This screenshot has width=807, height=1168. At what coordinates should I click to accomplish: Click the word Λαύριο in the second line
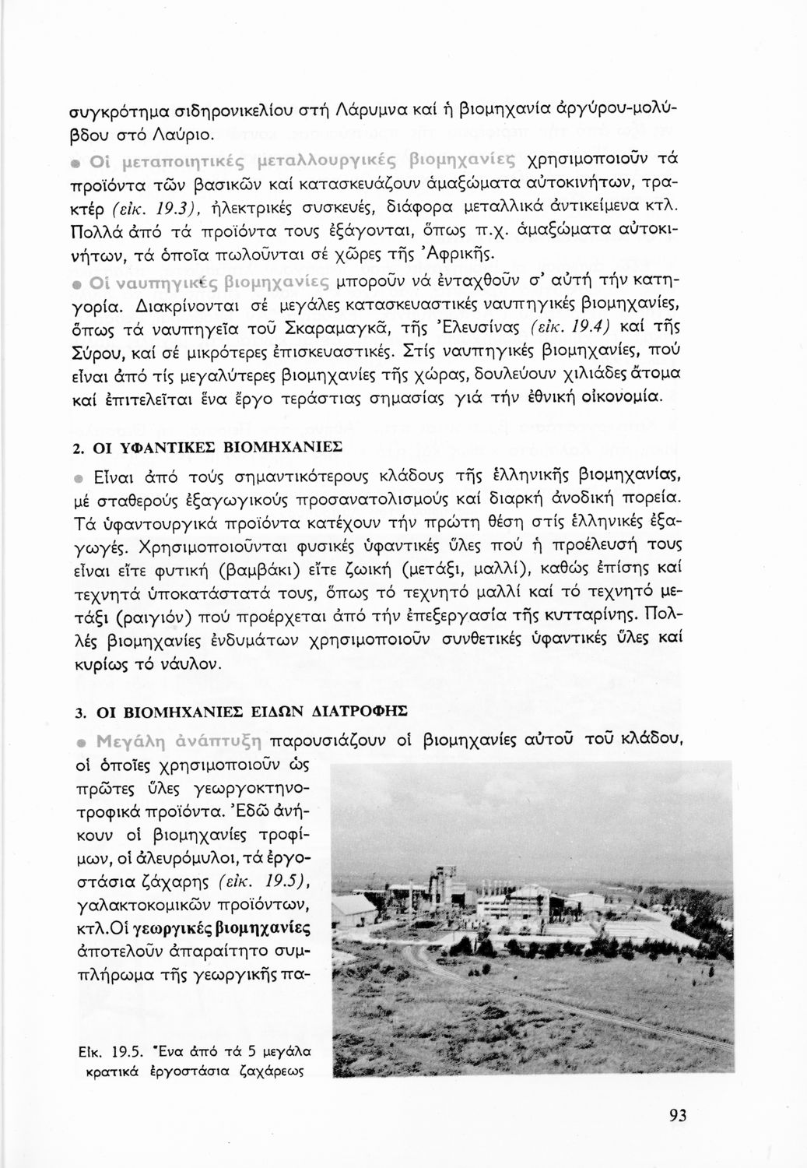tap(183, 136)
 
